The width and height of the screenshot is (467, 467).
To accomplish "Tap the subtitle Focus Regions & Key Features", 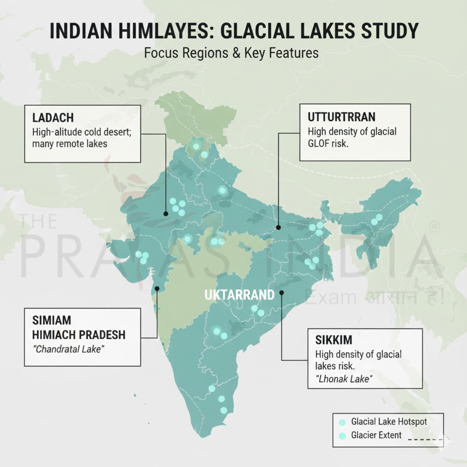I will [x=231, y=53].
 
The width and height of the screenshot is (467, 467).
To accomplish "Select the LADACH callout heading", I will [x=53, y=118].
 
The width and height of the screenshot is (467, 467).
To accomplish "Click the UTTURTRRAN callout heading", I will [x=341, y=117].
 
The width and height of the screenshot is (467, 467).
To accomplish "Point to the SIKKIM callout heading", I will [x=334, y=340].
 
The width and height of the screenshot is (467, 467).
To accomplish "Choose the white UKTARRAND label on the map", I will [x=239, y=295].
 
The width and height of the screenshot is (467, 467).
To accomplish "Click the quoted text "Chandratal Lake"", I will [x=68, y=349].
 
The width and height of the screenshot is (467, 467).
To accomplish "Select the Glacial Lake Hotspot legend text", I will [x=389, y=421].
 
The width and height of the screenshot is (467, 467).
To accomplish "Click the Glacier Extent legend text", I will [x=376, y=435].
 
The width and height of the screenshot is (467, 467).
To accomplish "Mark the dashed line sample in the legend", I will [x=426, y=439].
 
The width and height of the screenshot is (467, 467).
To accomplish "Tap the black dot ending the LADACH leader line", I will [x=166, y=214].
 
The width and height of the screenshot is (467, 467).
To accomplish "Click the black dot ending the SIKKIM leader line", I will [x=282, y=292].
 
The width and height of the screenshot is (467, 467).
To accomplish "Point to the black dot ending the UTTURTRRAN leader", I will [x=278, y=227].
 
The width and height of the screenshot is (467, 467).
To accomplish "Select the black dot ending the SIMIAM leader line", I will [x=157, y=288].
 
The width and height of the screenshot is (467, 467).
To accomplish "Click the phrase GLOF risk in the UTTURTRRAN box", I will [x=328, y=144].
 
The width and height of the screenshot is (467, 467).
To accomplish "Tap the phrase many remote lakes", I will [x=69, y=144].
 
